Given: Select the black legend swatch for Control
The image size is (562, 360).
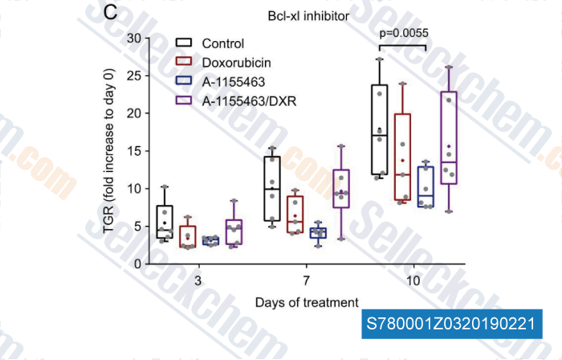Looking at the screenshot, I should pos(184,43).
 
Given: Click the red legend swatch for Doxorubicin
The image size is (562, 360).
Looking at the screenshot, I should pos(184,61).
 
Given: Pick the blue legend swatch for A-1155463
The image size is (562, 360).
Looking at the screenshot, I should pos(184,80).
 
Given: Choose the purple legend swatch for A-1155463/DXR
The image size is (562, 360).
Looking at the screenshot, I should pos(184,100).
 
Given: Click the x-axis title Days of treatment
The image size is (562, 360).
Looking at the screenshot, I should pos(307,302).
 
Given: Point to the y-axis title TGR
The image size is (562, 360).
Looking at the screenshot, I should pos(109,153).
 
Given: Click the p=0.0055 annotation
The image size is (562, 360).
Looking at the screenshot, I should pos(404,33).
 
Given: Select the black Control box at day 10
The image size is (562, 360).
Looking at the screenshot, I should pos(380,129).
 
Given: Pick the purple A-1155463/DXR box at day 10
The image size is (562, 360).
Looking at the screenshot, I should pos(449,138).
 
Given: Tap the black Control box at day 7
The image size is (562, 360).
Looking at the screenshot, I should pos(273,188).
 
